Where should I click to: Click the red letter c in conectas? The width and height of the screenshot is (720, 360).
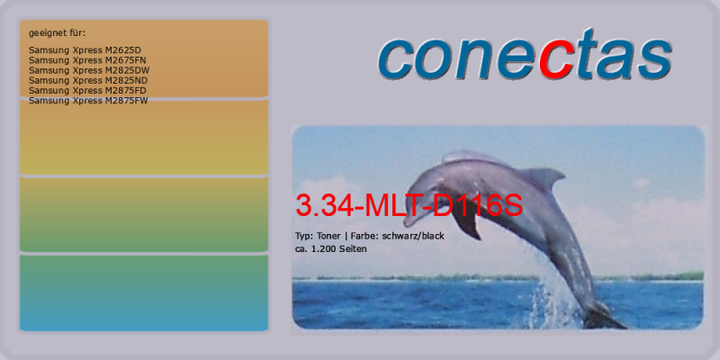click(x=556, y=62)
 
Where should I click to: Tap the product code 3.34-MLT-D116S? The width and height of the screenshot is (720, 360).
click(x=409, y=206)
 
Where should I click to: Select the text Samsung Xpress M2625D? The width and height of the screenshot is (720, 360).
click(x=85, y=50)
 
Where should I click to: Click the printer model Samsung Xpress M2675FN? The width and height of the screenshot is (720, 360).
click(x=87, y=60)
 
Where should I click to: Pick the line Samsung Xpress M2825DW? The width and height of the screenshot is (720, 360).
click(x=89, y=70)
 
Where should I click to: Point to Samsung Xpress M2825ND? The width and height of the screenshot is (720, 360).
click(x=88, y=80)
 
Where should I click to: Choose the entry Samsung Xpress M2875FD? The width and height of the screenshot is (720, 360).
click(x=87, y=91)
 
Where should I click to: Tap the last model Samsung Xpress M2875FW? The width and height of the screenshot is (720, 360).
click(x=88, y=101)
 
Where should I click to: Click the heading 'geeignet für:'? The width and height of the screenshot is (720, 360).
click(x=57, y=33)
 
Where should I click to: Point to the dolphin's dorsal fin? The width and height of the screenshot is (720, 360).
click(x=542, y=177)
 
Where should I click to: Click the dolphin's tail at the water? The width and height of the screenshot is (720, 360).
click(x=602, y=317)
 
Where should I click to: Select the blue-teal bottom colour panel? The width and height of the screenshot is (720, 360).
click(x=144, y=293)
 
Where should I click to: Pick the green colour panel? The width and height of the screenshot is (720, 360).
click(x=144, y=214)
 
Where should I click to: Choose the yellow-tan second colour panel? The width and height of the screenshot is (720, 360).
click(x=144, y=137)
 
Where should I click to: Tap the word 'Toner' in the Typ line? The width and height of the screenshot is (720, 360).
click(x=328, y=237)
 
